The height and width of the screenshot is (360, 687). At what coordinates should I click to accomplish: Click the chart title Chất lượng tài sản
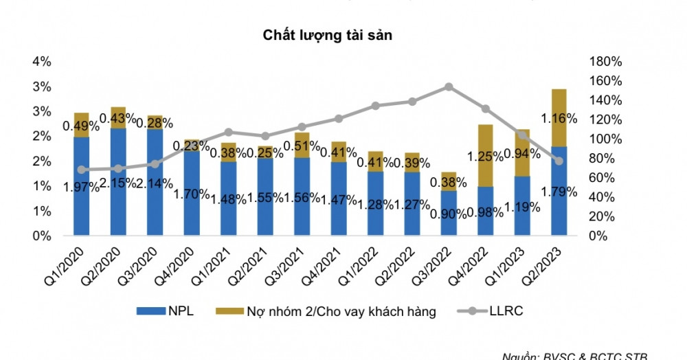pos(327,36)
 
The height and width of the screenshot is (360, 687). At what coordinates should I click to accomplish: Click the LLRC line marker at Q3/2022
pos(448,87)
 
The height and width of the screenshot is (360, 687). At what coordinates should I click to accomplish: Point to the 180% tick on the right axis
pos(605,62)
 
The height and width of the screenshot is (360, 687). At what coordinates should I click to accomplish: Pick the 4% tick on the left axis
pos(42,62)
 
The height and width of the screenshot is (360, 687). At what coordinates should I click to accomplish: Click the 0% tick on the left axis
pos(42,236)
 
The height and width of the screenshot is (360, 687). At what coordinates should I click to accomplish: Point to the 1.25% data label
pos(485,157)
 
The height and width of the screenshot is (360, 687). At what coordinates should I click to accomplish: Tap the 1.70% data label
pos(192,194)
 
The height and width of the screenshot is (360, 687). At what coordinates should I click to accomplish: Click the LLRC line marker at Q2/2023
pos(559,161)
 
